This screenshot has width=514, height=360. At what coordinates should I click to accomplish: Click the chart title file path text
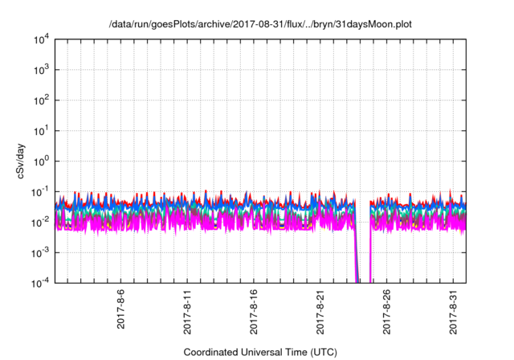pos(261,24)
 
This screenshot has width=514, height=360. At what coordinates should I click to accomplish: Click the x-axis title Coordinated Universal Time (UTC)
pos(261,352)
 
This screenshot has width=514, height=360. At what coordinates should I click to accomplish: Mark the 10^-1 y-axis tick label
pos(40,192)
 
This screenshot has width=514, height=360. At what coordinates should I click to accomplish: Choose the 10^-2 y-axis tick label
pos(40,222)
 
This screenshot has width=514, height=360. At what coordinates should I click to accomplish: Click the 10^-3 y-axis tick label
pos(40,252)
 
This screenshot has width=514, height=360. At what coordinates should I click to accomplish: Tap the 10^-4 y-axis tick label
pos(40,283)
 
